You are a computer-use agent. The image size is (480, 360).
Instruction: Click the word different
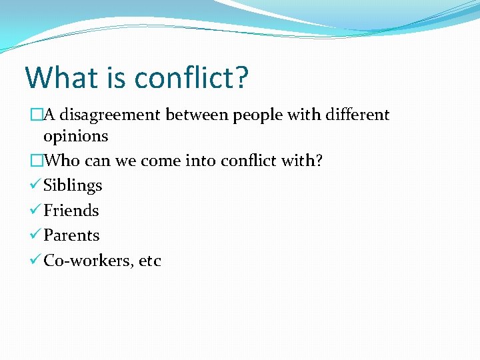pyautogui.click(x=357, y=115)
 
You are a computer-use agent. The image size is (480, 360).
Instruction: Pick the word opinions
pyautogui.click(x=75, y=137)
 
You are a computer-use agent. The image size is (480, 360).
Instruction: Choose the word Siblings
pyautogui.click(x=73, y=186)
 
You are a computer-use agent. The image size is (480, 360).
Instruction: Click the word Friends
pyautogui.click(x=71, y=211)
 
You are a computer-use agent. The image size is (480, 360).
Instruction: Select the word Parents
pyautogui.click(x=71, y=235)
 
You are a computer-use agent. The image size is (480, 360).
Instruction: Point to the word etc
pyautogui.click(x=150, y=261)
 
